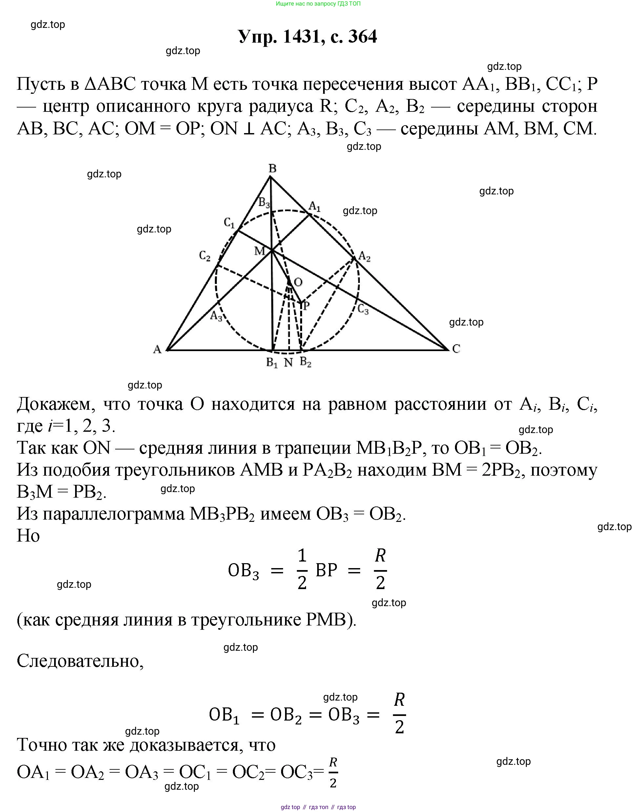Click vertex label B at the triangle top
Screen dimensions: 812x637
pyautogui.click(x=273, y=168)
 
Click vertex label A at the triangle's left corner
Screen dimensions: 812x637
pyautogui.click(x=157, y=349)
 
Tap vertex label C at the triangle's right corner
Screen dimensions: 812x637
pyautogui.click(x=456, y=349)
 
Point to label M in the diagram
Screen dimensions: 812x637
pyautogui.click(x=259, y=251)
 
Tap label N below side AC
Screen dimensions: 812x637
pyautogui.click(x=288, y=363)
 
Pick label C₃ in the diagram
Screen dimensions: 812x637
pyautogui.click(x=363, y=309)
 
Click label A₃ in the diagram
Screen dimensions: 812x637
pyautogui.click(x=216, y=316)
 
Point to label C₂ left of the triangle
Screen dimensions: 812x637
pyautogui.click(x=205, y=256)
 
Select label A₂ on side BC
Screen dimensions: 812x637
pyautogui.click(x=364, y=257)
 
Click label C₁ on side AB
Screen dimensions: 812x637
pyautogui.click(x=229, y=223)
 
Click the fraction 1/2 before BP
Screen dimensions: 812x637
pyautogui.click(x=302, y=570)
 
